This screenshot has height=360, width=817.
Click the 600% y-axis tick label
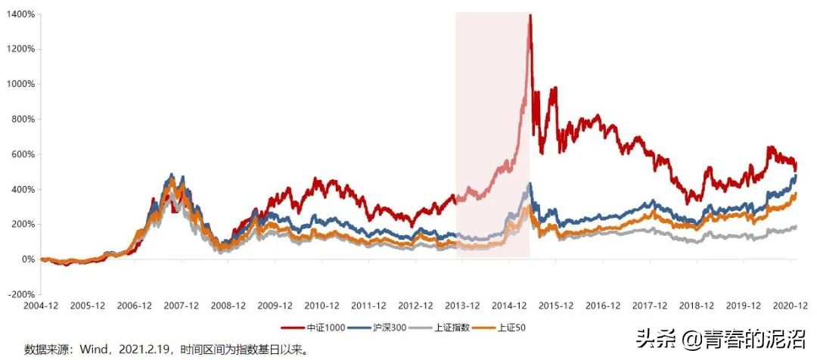point(21,154)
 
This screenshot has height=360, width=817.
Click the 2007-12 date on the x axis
point(182,306)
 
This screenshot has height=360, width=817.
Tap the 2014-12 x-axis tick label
point(510,306)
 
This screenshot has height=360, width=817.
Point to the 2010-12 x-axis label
point(322,306)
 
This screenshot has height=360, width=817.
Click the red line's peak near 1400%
point(530,16)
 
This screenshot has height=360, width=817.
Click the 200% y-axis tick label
point(21,225)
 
